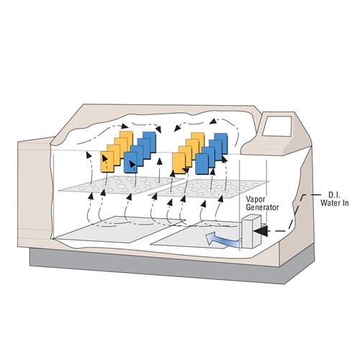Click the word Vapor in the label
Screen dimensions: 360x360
point(256,199)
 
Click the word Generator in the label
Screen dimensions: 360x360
point(262,207)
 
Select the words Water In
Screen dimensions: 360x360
point(335,203)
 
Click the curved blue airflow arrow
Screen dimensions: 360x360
point(221,240)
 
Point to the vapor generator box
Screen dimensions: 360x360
point(251,232)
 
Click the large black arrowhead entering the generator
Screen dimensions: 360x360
point(261,231)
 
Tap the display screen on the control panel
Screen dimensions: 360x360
point(277,126)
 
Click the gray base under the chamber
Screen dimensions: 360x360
point(172,266)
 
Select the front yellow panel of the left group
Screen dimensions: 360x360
point(107,161)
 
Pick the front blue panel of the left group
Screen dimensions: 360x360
point(130,163)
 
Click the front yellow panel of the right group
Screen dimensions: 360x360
point(179,163)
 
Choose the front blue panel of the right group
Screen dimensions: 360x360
point(202,164)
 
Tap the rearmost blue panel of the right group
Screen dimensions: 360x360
point(222,143)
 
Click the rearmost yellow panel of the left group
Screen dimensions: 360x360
point(127,140)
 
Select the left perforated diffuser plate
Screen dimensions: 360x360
point(121,185)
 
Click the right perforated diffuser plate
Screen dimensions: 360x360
point(210,189)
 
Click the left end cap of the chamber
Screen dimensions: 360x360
point(35,193)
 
